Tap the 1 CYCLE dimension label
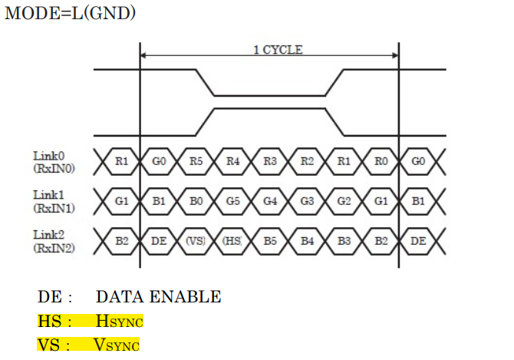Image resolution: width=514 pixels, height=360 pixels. coord(278,50)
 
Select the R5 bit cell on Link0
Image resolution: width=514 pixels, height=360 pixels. coord(196,162)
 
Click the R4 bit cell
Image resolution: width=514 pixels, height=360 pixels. coord(233,162)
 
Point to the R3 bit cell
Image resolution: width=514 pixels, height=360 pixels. coord(270,162)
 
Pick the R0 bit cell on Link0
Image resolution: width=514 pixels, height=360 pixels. coord(381,162)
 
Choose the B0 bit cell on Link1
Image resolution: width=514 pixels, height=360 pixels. coord(196,201)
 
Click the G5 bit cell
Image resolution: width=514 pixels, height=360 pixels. coord(233,201)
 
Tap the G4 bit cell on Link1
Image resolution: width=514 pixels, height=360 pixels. coord(270,201)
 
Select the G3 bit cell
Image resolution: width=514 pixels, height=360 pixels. coord(307,201)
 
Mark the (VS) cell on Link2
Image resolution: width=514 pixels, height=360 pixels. coord(196,240)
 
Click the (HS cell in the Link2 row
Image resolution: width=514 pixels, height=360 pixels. coord(232,240)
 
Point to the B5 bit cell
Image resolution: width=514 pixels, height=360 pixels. coord(270,240)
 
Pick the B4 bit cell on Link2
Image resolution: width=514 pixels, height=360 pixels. coord(307,240)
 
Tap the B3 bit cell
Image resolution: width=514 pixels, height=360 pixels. coord(344,240)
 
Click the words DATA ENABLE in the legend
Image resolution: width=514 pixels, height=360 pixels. coord(158,296)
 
